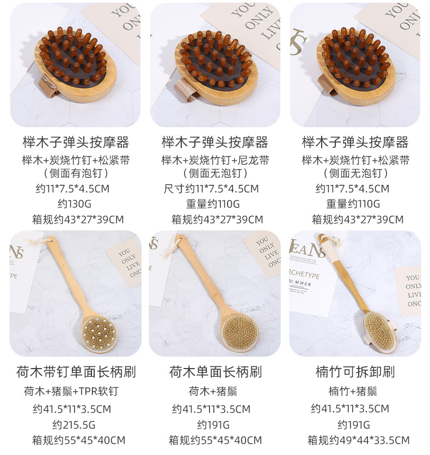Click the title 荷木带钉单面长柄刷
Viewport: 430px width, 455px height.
76,372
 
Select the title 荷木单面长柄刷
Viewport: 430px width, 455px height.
215,372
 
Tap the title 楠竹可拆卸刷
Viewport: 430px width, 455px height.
355,372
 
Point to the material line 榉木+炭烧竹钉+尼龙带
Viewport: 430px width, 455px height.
215,160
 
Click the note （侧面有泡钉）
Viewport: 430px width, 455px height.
76,174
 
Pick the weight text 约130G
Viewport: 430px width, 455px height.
76,204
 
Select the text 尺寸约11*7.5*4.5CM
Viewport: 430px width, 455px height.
211,189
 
